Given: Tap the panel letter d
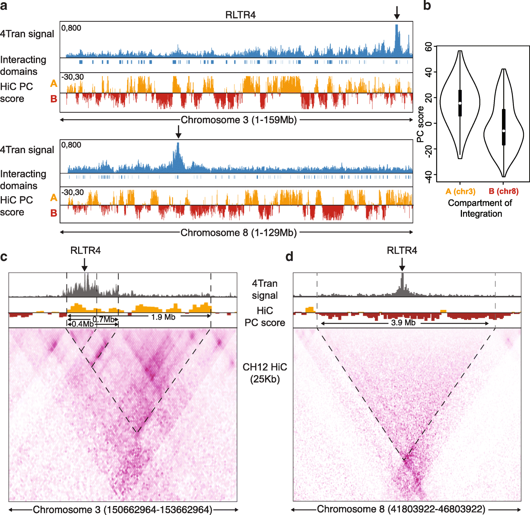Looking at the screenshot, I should click(289, 257).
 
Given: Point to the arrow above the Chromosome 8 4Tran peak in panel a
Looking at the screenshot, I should click(178, 132).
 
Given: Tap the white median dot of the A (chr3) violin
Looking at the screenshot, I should click(460, 103).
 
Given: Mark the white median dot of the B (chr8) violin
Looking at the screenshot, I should click(504, 131).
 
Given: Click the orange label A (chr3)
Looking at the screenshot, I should click(460, 191).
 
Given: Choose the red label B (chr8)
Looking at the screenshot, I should click(503, 191).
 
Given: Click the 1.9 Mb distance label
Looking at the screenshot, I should click(163, 317).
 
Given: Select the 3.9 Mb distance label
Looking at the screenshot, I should click(403, 323).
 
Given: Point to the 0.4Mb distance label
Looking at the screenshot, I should click(82, 324).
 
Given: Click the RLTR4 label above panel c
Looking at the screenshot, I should click(85, 250).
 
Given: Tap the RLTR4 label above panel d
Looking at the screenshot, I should click(402, 250).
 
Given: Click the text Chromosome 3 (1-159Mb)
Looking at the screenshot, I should click(238, 120).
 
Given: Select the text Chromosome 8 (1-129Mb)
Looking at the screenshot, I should click(238, 233).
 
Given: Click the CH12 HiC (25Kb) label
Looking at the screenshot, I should click(265, 373).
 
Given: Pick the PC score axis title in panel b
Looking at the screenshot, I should click(420, 124).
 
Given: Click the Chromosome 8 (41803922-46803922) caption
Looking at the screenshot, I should click(401, 509).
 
